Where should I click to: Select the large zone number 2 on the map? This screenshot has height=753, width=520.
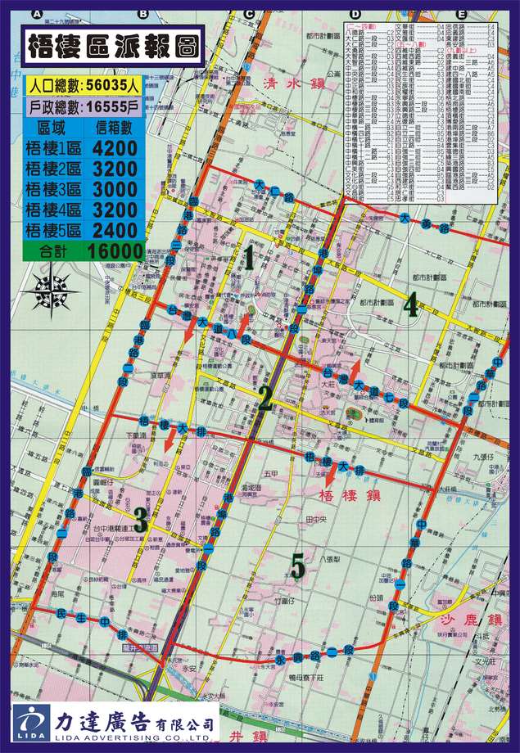[265, 399]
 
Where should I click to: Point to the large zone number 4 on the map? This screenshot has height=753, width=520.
[409, 304]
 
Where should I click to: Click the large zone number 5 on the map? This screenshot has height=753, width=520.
[297, 565]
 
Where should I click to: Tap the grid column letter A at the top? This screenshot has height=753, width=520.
[36, 14]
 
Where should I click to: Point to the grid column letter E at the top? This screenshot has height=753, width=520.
[462, 14]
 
